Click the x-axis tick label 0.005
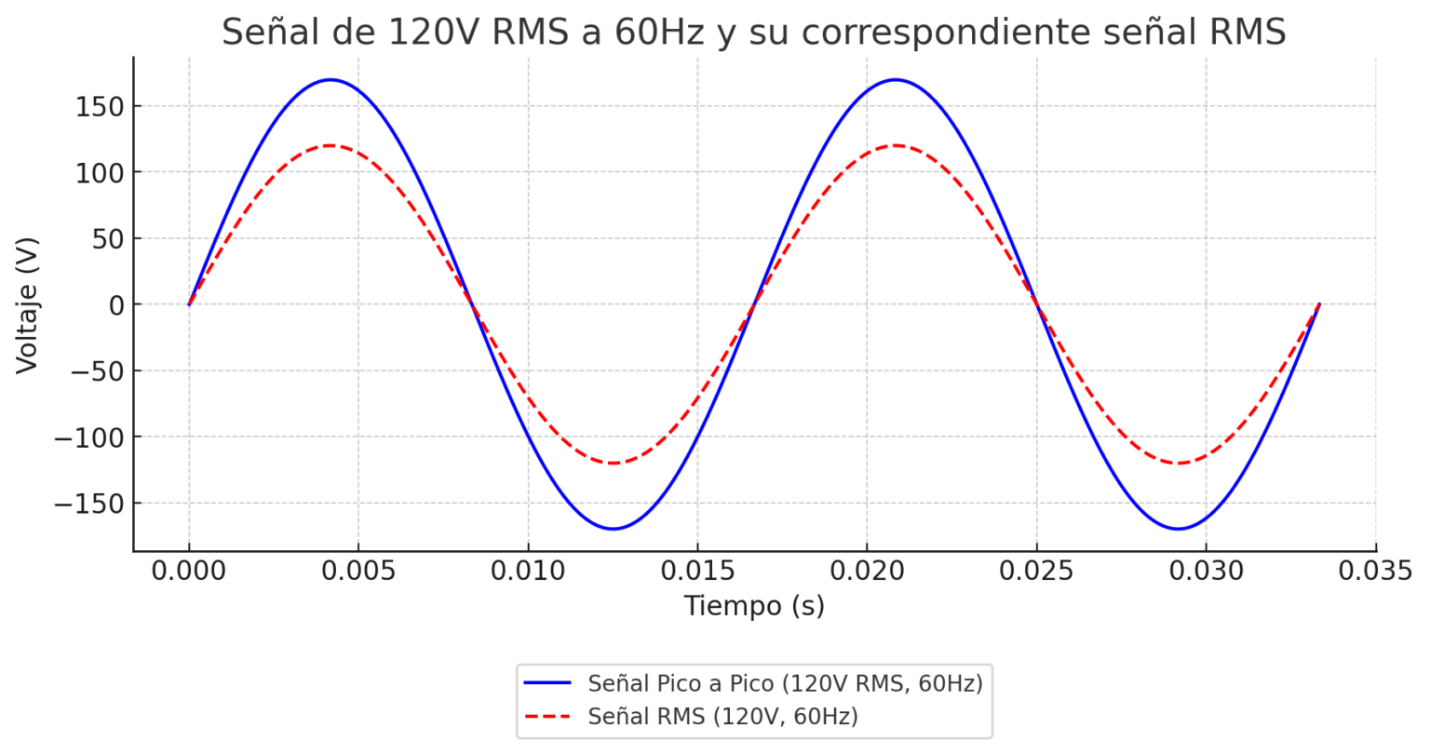(x=358, y=571)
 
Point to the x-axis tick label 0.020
(x=867, y=571)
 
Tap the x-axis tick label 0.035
(x=1375, y=571)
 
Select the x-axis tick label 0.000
(x=189, y=571)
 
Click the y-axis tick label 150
(x=100, y=106)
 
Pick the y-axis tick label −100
(x=89, y=438)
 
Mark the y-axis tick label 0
(x=115, y=305)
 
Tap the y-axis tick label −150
(x=89, y=504)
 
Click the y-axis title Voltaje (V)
(x=28, y=305)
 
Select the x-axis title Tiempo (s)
(x=754, y=606)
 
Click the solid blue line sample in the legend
(x=547, y=683)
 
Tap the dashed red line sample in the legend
(x=547, y=717)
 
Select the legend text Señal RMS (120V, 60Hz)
(x=722, y=717)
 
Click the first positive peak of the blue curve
(x=331, y=80)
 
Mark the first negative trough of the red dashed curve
(x=614, y=463)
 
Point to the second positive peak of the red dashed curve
(x=896, y=145)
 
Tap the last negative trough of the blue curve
(x=1179, y=529)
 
